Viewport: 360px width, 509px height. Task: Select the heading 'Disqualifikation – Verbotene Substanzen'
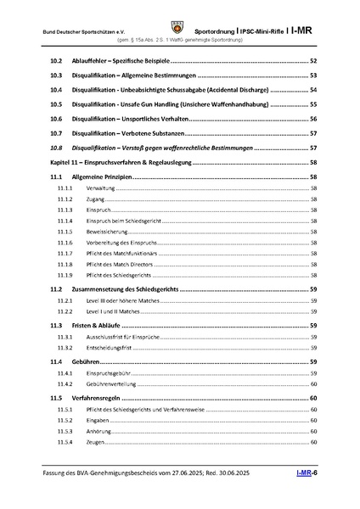click(129, 133)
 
